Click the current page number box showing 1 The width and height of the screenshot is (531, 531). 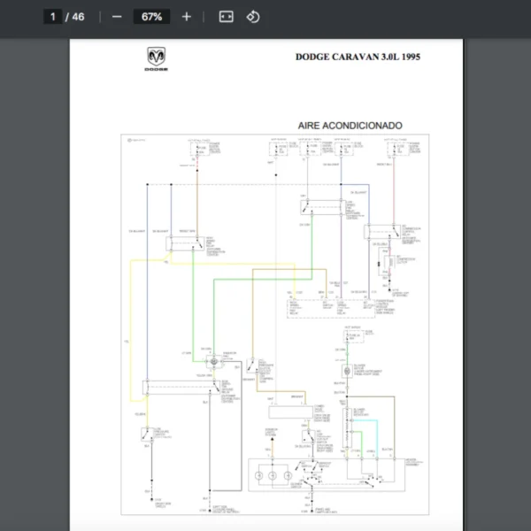(52, 17)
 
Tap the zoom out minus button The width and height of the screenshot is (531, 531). (117, 17)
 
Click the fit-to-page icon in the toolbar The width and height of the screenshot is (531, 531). (226, 17)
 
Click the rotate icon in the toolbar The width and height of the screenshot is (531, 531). (253, 17)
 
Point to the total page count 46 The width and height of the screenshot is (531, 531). (78, 17)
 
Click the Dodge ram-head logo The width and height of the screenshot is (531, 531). (156, 58)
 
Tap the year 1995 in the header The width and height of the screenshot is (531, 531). (410, 57)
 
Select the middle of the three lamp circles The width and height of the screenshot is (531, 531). (273, 476)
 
